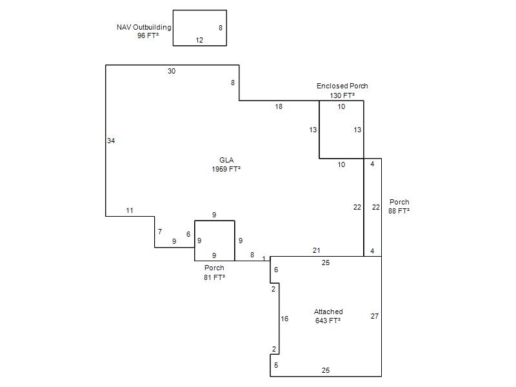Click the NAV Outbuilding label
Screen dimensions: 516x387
point(144,27)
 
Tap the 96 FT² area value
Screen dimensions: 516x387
point(148,35)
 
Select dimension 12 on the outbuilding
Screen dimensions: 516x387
point(199,40)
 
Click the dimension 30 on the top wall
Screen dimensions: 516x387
point(172,71)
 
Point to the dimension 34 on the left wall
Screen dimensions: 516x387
point(111,141)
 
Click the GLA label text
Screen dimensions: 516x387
point(226,160)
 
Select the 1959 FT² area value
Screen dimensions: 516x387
point(226,169)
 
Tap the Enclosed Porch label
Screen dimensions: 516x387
point(342,86)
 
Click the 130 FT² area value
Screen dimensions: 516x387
point(342,95)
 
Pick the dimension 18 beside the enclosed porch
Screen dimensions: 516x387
point(279,106)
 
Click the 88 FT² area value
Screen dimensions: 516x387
point(399,211)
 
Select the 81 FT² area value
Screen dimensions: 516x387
point(214,277)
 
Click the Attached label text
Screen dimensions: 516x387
point(328,312)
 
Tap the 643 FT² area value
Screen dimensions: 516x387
point(328,321)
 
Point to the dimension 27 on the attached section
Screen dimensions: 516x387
point(375,316)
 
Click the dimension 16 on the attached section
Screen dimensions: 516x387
point(284,319)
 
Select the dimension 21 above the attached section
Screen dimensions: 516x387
point(316,250)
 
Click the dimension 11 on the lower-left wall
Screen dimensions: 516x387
point(130,210)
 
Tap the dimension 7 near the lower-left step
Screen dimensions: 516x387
point(160,232)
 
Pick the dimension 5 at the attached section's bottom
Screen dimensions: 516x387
point(276,365)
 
